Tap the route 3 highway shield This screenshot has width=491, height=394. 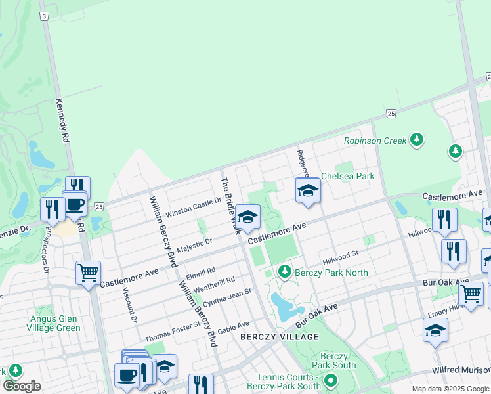(x=43, y=16)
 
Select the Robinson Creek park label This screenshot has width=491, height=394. (x=375, y=141)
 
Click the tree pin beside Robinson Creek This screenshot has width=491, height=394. (x=416, y=139)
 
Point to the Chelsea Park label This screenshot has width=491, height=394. (x=347, y=176)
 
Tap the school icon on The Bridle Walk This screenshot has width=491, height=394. (x=247, y=217)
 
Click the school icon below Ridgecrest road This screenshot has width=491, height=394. (x=307, y=190)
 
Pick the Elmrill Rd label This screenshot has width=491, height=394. (x=201, y=270)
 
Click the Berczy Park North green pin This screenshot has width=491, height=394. (x=284, y=271)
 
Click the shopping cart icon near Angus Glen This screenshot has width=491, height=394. (x=87, y=271)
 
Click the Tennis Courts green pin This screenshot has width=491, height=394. (x=331, y=380)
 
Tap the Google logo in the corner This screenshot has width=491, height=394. (x=22, y=386)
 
